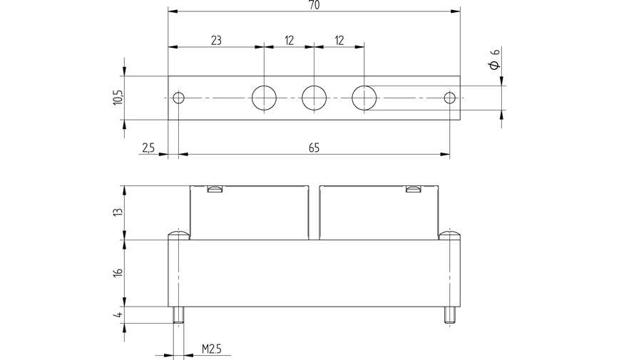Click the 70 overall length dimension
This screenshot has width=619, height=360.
tap(313, 6)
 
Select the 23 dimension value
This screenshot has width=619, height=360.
tap(216, 41)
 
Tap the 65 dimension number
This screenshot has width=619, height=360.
tap(314, 147)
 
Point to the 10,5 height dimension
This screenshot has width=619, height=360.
tap(118, 98)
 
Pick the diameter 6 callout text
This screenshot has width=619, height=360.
tap(494, 65)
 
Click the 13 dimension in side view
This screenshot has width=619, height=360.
tap(118, 212)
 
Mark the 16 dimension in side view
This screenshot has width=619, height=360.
tap(118, 273)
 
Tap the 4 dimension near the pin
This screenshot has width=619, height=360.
tap(118, 314)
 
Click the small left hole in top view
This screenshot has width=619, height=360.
tap(179, 98)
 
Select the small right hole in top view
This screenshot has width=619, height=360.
tap(449, 98)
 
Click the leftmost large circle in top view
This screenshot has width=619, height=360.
tap(264, 98)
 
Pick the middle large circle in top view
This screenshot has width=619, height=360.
tap(314, 98)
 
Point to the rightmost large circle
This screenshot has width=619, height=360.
tap(364, 98)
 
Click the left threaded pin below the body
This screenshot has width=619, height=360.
tap(178, 315)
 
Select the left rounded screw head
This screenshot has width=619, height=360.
tap(178, 235)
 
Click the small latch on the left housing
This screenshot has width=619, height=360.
tap(213, 189)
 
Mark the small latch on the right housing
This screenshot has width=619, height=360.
tap(413, 189)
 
